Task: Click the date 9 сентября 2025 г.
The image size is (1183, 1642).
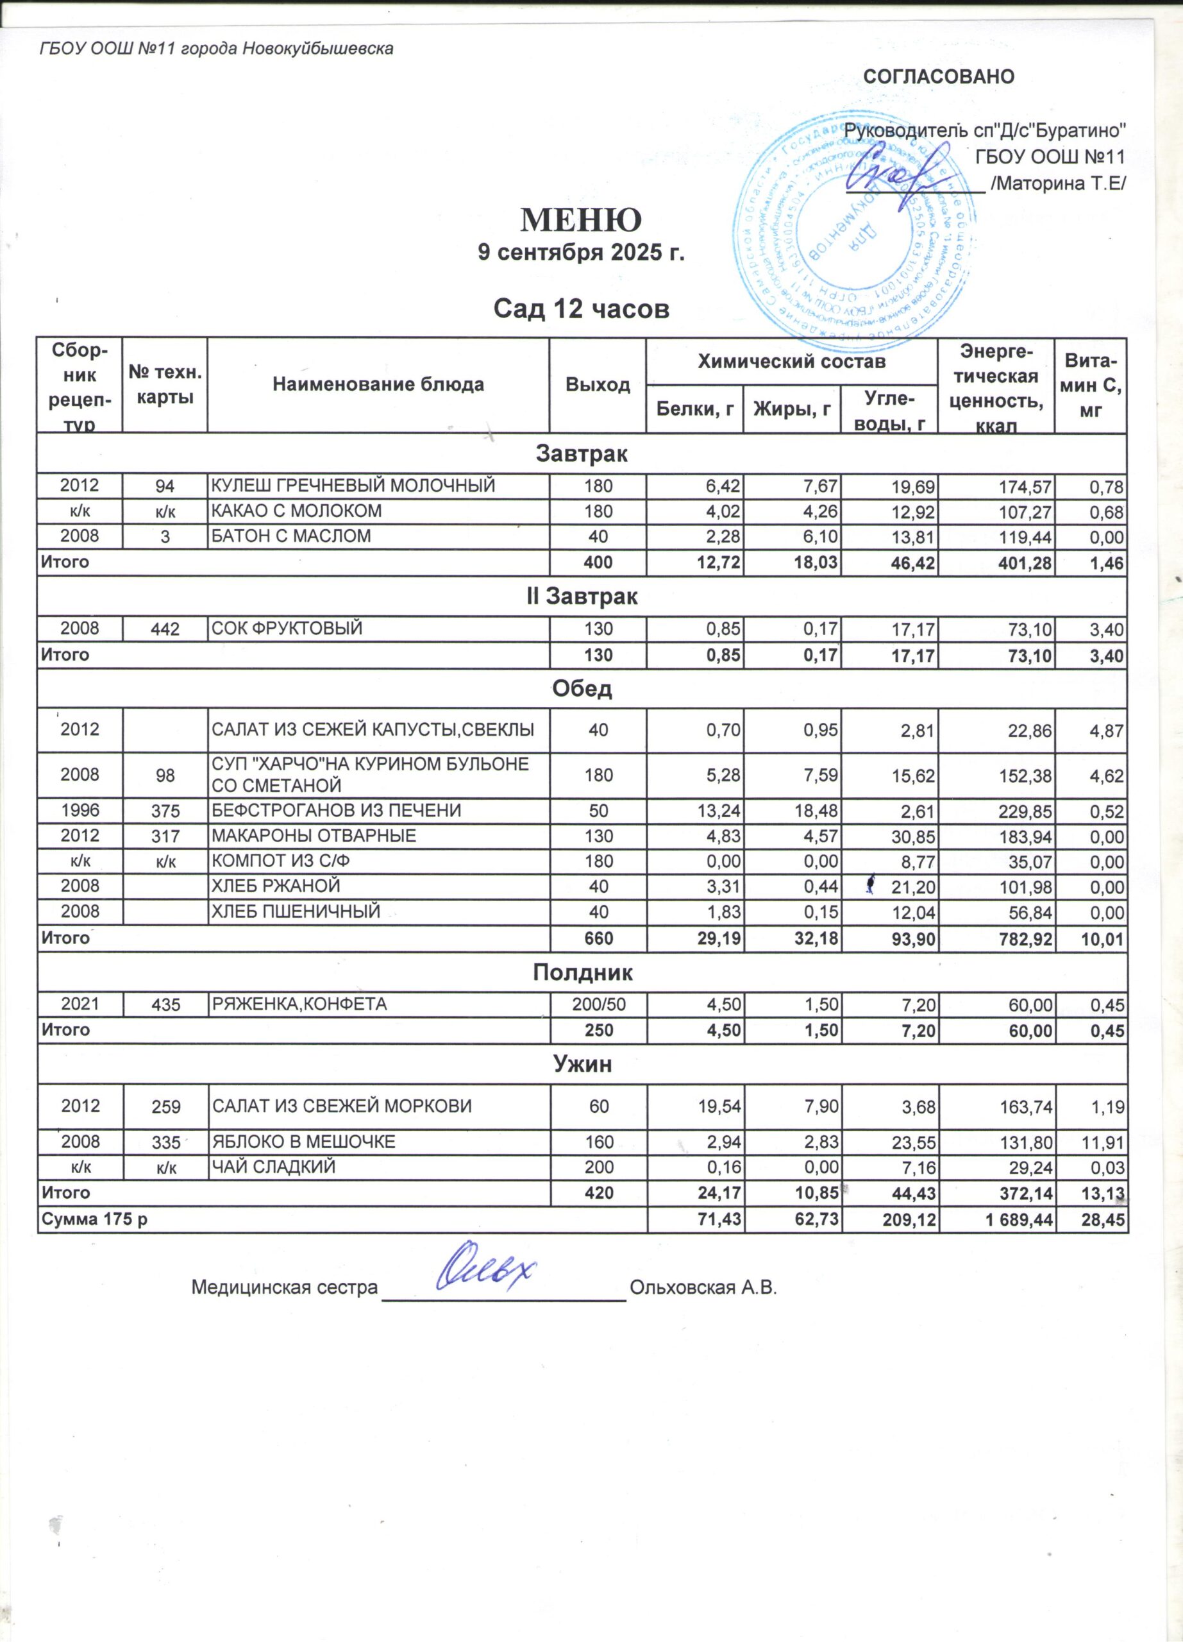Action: [x=581, y=253]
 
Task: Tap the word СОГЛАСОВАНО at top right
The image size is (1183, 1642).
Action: [x=939, y=77]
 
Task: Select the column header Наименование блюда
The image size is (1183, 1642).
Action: [x=378, y=384]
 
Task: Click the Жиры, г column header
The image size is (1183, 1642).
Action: [x=792, y=410]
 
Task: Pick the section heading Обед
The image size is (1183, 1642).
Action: [x=582, y=688]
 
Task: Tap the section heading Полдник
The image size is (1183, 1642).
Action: [x=582, y=972]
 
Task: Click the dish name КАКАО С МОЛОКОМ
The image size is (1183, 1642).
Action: [x=296, y=511]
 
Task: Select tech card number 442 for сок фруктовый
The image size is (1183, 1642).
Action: [x=165, y=629]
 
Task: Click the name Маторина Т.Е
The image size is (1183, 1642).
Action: [x=1059, y=184]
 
